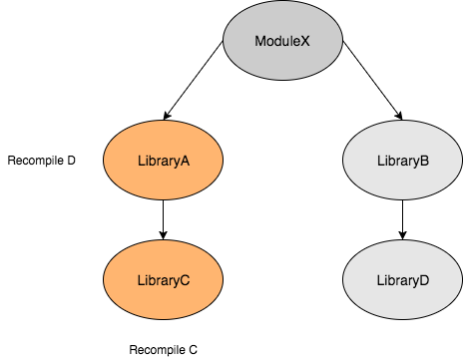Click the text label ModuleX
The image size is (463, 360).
click(x=282, y=41)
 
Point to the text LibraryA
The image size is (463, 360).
click(x=163, y=161)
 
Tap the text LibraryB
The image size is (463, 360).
click(x=402, y=161)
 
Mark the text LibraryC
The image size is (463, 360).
click(x=163, y=280)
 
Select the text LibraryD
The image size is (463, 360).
click(x=402, y=280)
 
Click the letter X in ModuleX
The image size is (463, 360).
click(x=305, y=41)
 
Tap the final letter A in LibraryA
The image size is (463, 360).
click(x=186, y=161)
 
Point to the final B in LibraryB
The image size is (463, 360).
click(x=425, y=161)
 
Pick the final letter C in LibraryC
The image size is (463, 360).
click(x=186, y=280)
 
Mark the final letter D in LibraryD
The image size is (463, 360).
click(x=425, y=280)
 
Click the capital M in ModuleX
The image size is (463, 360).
click(x=259, y=41)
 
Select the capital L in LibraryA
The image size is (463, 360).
click(x=139, y=161)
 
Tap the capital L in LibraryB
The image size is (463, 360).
click(x=379, y=161)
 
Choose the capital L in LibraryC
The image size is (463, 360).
click(x=139, y=280)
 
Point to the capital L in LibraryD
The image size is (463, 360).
click(x=379, y=280)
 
